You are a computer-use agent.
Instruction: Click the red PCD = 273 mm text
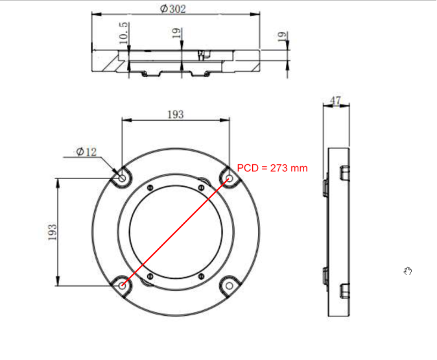pyautogui.click(x=272, y=168)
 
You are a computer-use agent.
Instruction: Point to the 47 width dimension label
pyautogui.click(x=336, y=101)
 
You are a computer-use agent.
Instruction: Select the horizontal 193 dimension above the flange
pyautogui.click(x=175, y=114)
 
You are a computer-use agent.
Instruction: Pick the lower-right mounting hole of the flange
pyautogui.click(x=229, y=284)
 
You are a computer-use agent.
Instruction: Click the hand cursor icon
pyautogui.click(x=408, y=270)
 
